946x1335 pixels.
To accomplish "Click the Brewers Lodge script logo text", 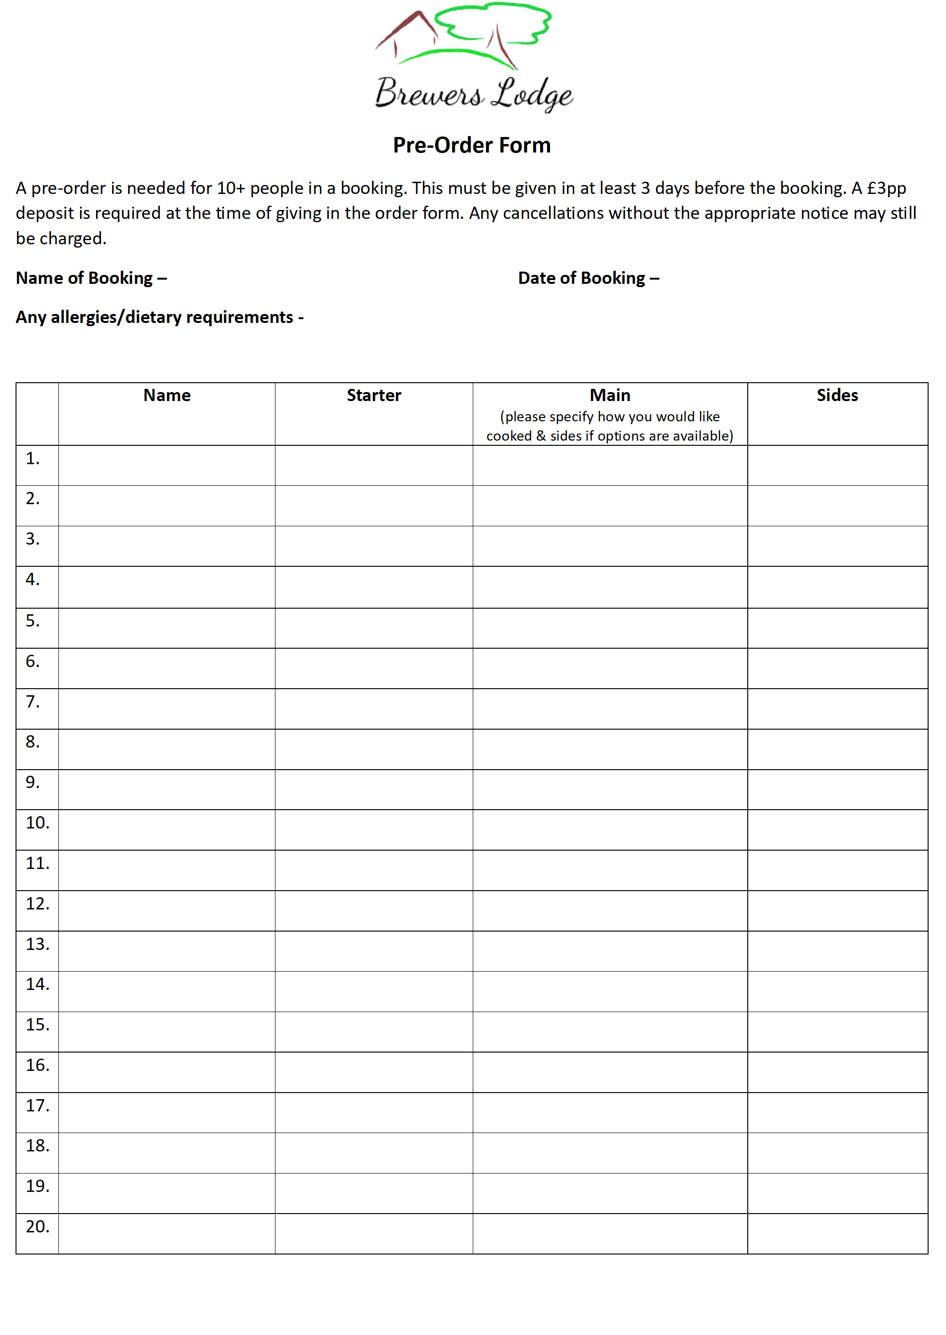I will pos(474,93).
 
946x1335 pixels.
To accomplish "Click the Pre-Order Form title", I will pos(472,145).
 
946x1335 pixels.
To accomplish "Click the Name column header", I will pos(167,395).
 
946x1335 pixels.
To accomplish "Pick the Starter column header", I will pos(374,395).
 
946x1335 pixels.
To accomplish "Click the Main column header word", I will pos(610,395).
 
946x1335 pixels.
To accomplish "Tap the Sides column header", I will pos(837,395).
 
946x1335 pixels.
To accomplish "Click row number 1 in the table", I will pos(32,459).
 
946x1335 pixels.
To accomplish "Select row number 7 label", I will pos(32,701).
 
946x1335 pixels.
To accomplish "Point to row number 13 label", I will pos(37,944).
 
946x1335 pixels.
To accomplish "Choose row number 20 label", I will pos(37,1227).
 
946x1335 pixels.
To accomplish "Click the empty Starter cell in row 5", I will pos(374,628).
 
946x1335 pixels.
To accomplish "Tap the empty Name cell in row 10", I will pos(167,829).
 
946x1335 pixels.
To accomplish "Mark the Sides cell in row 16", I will pos(837,1072).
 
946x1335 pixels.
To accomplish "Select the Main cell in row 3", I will pos(610,546).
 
